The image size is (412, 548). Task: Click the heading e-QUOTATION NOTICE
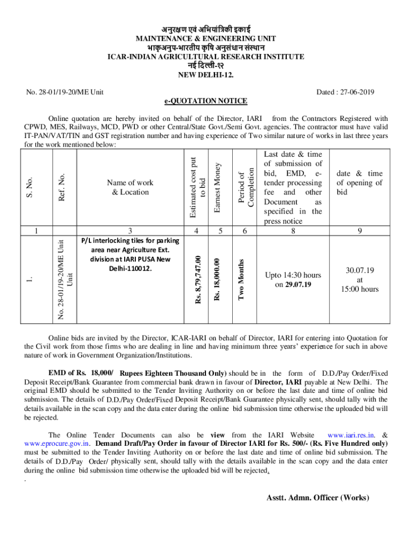(x=205, y=101)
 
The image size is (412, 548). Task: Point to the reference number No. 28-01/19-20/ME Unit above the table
(x=65, y=93)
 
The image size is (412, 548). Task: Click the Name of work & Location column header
(x=131, y=187)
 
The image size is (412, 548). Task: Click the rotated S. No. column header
(x=30, y=186)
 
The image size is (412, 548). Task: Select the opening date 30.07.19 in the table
(x=360, y=270)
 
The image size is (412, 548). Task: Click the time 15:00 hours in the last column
(x=360, y=289)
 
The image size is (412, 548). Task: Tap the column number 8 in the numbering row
(x=293, y=231)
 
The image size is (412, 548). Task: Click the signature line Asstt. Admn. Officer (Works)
(x=318, y=497)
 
